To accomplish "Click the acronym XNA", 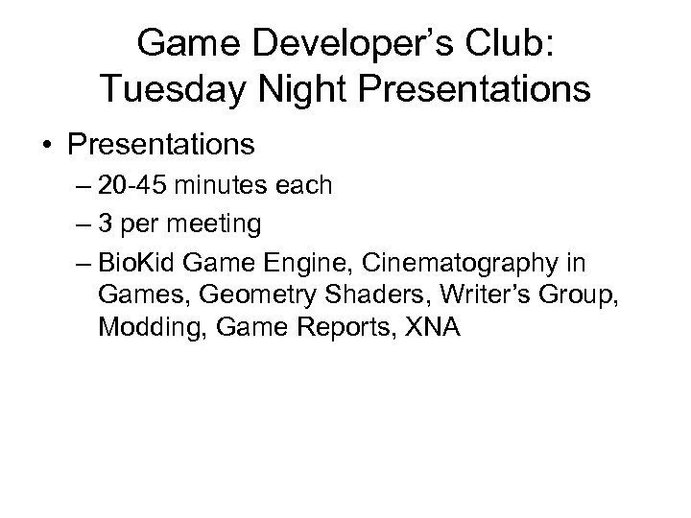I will pyautogui.click(x=433, y=327).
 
